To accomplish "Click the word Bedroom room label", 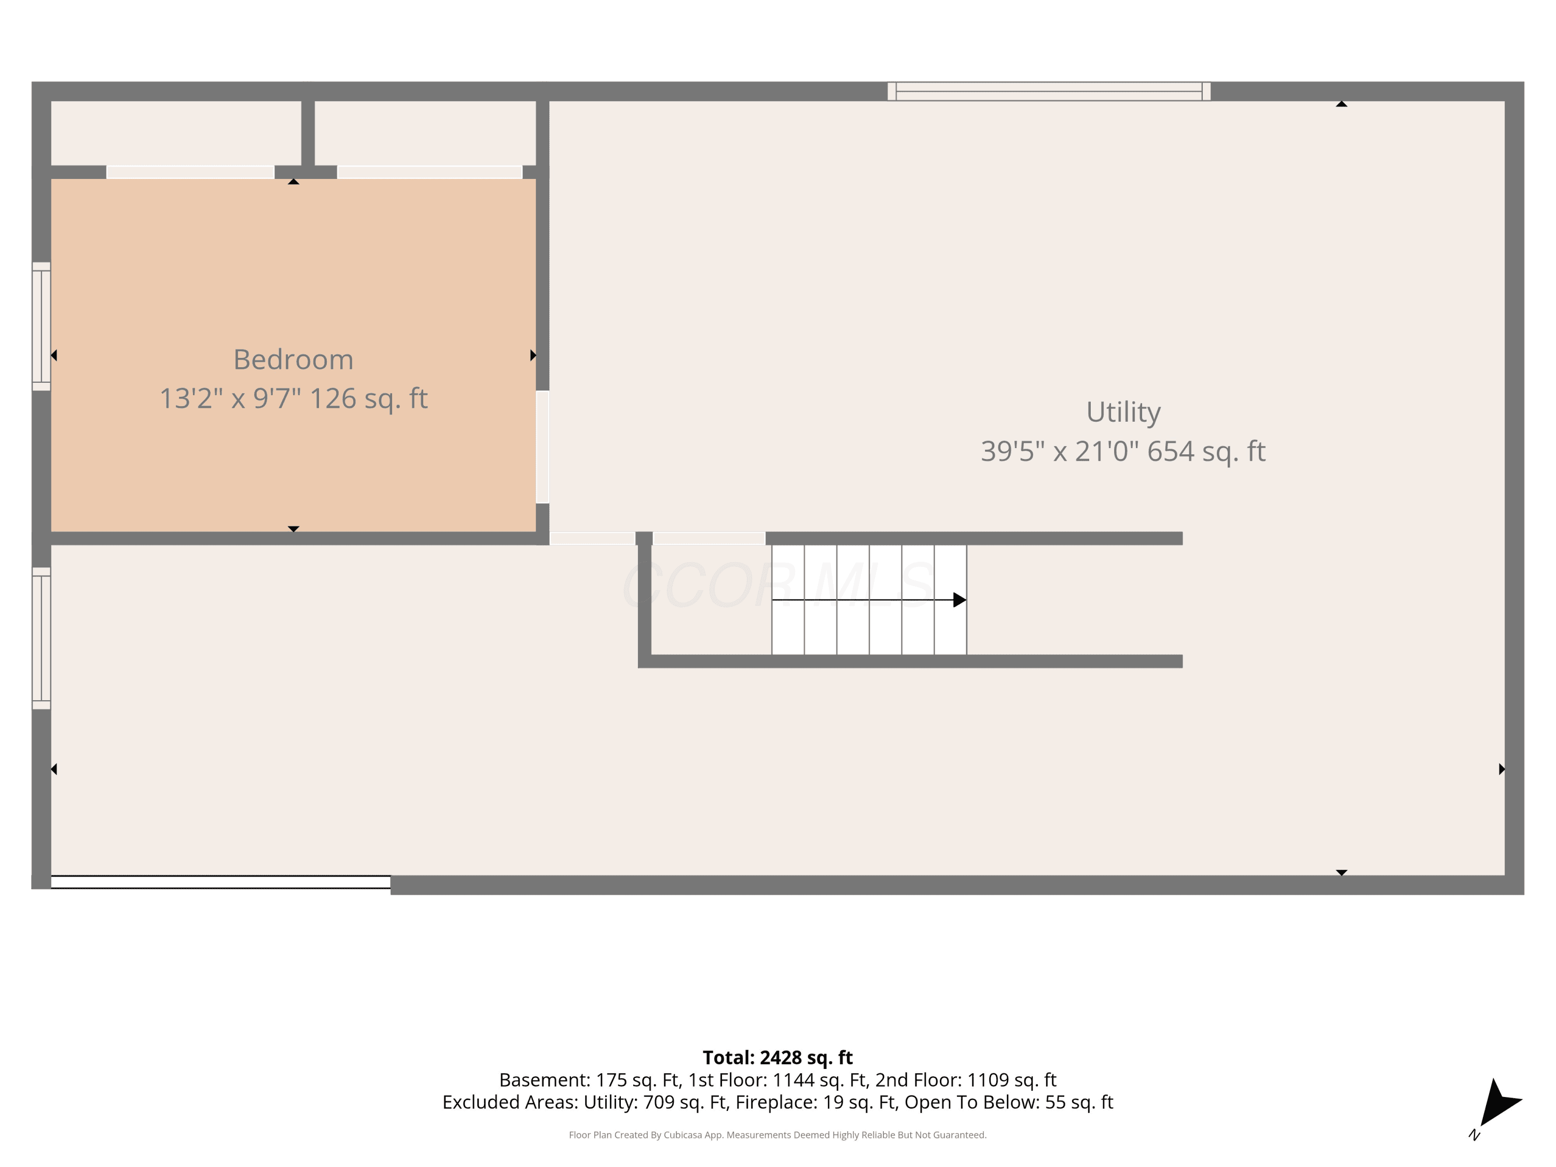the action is pos(294,359).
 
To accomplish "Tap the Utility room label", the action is pos(1123,412).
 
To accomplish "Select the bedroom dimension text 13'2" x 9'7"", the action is pos(230,398).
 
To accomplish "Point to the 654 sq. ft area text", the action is pos(1206,451).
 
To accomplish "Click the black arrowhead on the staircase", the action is pos(960,600).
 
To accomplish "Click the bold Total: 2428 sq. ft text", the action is pos(777,1057).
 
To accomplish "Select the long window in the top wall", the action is pos(1049,91).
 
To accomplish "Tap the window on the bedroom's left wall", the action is pos(41,326).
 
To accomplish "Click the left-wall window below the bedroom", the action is pos(41,638).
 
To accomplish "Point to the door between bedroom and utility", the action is pos(543,447).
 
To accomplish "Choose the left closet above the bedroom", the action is pos(176,133).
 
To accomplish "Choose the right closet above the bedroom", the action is pos(425,133).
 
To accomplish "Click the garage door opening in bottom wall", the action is pos(221,882).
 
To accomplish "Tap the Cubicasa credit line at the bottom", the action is pos(777,1135).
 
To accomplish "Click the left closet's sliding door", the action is pos(190,172).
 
